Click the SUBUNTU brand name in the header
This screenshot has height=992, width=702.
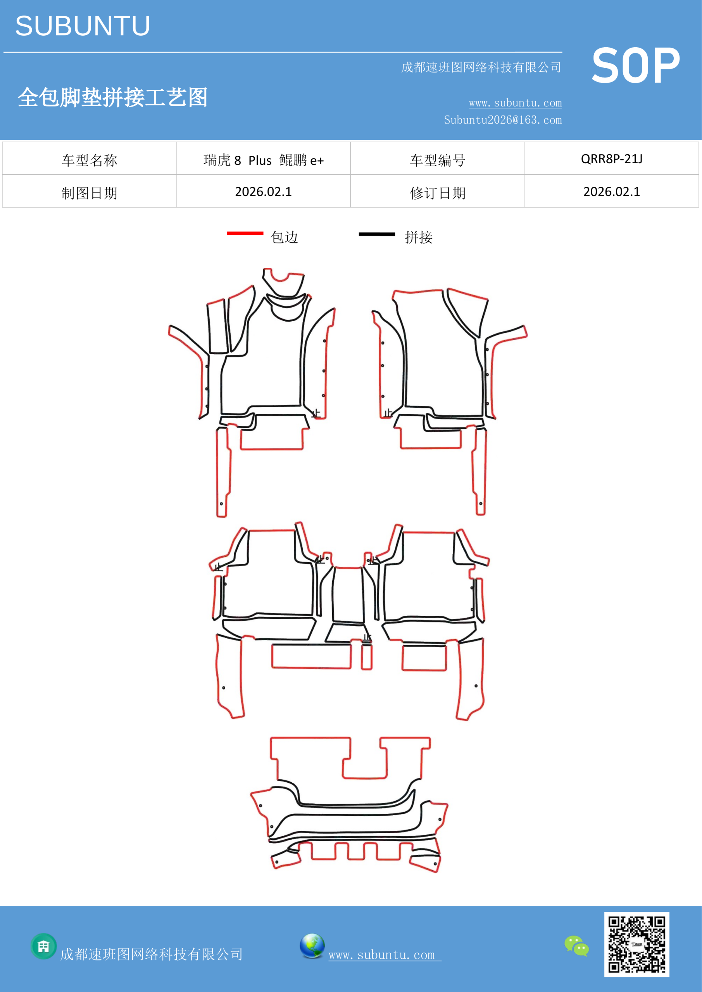[83, 26]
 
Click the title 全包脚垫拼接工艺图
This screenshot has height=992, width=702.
[112, 97]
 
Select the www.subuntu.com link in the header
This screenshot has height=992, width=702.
[515, 103]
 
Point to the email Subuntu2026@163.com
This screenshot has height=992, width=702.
[503, 120]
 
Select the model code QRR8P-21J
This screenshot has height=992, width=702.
[612, 159]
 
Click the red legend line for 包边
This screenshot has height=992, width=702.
[245, 233]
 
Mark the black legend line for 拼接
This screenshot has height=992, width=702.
[376, 234]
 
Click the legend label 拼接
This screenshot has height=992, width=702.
[418, 237]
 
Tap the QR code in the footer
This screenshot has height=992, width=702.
[636, 944]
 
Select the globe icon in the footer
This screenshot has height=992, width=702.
[312, 946]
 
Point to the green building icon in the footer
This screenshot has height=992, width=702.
[44, 946]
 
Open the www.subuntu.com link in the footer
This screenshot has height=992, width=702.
[385, 955]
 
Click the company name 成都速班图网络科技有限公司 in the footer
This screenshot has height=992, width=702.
[151, 954]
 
